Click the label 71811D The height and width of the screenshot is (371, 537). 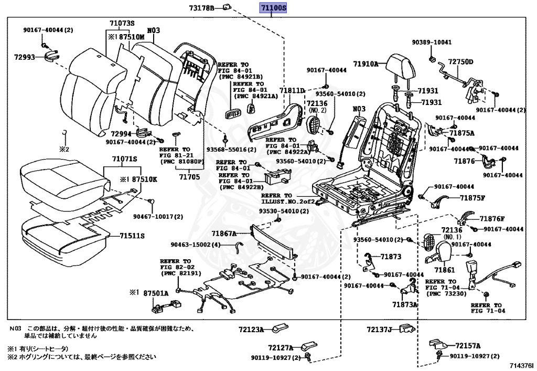point(292,91)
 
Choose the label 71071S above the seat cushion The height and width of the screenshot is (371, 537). point(124,158)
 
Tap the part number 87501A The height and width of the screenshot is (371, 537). point(156,293)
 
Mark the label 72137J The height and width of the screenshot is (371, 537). point(379,330)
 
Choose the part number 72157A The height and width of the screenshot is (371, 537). point(468,346)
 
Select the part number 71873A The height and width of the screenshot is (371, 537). point(405,304)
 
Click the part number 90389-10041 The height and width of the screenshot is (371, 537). point(431,43)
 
